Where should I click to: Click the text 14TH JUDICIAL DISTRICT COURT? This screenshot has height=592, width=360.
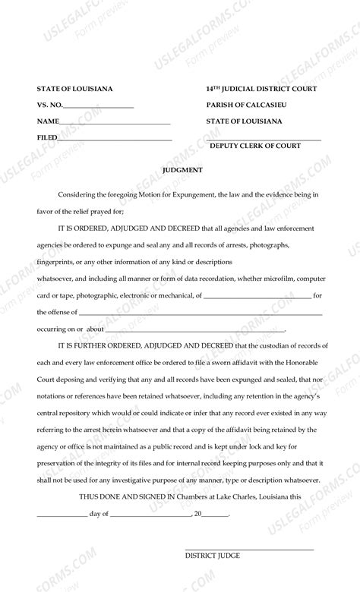(261, 90)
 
